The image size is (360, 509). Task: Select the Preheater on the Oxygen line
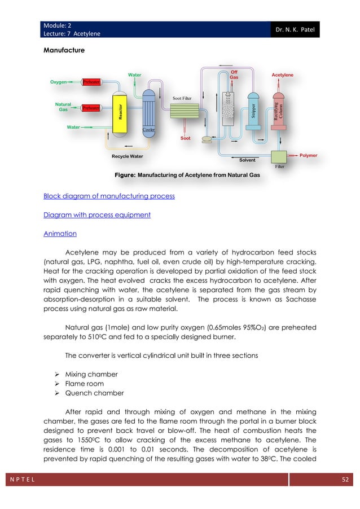[91, 81]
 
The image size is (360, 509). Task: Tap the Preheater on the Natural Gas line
[91, 108]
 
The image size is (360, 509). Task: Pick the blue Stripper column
[253, 109]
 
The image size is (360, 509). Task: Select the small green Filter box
[279, 156]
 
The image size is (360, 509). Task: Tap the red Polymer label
[308, 154]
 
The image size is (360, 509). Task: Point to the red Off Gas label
[235, 74]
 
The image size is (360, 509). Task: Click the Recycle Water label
[127, 156]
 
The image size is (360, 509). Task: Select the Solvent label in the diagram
[247, 160]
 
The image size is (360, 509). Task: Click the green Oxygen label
[58, 81]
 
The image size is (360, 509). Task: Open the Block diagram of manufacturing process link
[109, 196]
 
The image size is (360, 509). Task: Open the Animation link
[60, 232]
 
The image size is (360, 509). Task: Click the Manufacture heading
[64, 51]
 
